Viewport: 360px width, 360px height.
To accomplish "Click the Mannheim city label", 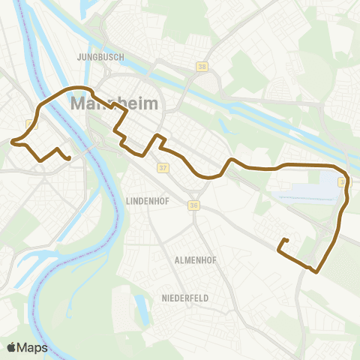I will pos(113,103).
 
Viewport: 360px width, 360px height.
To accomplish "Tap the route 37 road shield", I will pos(163,168).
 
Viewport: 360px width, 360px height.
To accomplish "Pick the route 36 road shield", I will pos(193,205).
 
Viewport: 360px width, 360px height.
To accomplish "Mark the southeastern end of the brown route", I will pos(286,240).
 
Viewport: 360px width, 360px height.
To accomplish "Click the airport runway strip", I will pos(303,196).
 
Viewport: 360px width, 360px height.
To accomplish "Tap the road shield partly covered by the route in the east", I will pos(342,182).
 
